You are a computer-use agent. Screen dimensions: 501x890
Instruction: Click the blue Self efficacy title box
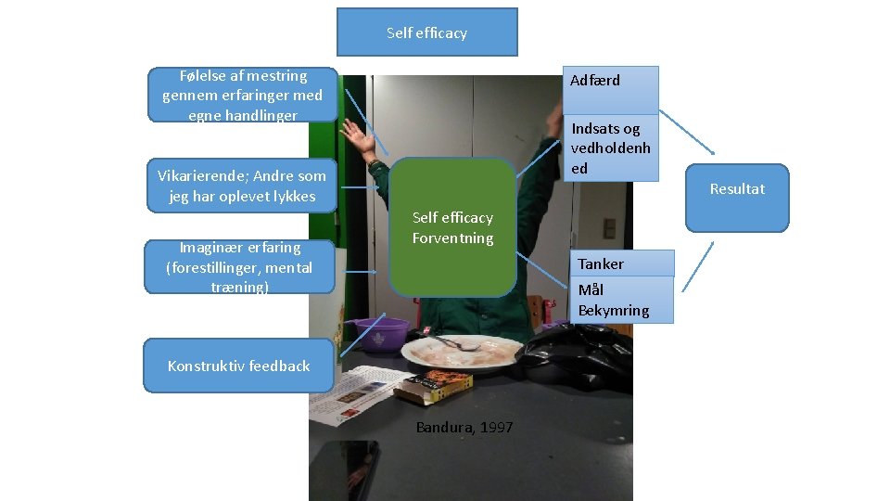[426, 32]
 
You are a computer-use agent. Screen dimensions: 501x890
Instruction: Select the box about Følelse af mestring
[242, 95]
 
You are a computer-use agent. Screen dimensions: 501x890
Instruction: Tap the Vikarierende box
[242, 186]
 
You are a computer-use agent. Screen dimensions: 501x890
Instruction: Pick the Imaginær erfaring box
[239, 267]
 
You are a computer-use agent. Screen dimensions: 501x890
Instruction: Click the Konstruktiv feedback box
[238, 366]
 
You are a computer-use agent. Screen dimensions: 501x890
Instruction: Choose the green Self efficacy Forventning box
[452, 228]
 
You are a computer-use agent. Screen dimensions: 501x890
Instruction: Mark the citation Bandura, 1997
[464, 428]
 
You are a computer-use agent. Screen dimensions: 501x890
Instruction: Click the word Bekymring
[614, 311]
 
